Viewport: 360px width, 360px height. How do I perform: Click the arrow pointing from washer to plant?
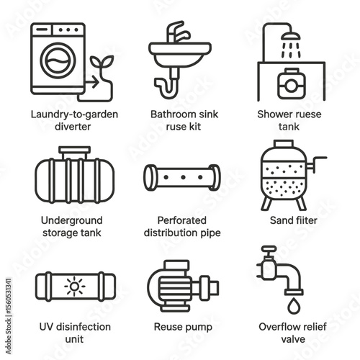92,83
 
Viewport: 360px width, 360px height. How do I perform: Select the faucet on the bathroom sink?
178,32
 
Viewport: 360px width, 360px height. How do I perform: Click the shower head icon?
291,36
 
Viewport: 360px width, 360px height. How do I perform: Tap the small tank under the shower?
292,84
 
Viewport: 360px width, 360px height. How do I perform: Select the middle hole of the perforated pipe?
183,177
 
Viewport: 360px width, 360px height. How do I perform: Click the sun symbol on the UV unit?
75,287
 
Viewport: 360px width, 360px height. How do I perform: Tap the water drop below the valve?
294,305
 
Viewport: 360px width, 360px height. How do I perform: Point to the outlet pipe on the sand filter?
316,164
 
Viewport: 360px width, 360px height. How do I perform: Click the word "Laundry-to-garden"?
74,114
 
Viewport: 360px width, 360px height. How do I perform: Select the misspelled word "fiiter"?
305,220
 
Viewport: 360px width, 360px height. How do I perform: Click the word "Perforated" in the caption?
182,220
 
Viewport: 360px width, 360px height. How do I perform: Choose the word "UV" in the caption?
45,327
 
